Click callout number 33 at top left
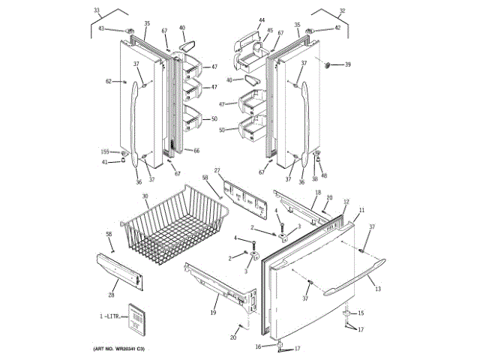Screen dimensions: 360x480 tap(96, 10)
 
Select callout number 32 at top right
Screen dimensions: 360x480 tap(342, 10)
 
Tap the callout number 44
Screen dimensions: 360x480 tap(262, 20)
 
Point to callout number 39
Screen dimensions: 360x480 tap(347, 65)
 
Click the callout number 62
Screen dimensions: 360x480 tap(108, 81)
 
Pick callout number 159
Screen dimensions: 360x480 tap(106, 151)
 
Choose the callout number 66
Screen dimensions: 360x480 tap(196, 150)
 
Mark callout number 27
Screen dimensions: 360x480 tap(217, 170)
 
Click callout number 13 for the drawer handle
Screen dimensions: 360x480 tap(377, 289)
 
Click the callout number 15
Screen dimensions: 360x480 tap(360, 313)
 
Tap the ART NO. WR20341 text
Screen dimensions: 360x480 tap(118, 350)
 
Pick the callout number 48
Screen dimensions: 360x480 tap(325, 177)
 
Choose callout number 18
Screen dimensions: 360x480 tap(317, 193)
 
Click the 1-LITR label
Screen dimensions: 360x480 tap(109, 317)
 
